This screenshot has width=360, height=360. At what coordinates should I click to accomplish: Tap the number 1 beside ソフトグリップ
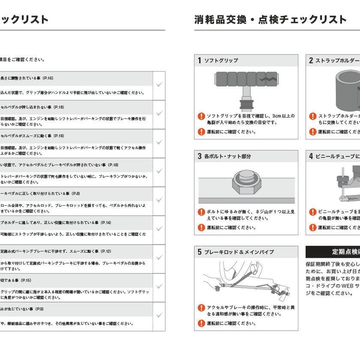coord(199,60)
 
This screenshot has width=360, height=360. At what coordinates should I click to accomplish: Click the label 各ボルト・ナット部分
coord(227,156)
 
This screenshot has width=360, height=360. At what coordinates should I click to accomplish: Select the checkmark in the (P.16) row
coord(159,85)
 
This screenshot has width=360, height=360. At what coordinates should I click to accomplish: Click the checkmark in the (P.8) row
coord(159,200)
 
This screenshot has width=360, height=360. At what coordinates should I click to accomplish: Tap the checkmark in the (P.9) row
coord(159,315)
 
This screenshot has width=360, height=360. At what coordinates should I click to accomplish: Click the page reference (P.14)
coord(106,222)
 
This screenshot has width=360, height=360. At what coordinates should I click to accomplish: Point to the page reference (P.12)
coord(106,251)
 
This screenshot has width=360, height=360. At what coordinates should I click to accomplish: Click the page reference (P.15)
coord(26,280)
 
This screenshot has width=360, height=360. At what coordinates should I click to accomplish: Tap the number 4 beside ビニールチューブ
coord(310,156)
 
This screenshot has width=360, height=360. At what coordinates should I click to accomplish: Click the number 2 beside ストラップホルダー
coord(310,60)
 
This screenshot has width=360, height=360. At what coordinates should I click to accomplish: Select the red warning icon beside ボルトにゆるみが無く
coord(202,211)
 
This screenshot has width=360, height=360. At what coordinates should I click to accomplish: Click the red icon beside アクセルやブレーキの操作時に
coord(202,308)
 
